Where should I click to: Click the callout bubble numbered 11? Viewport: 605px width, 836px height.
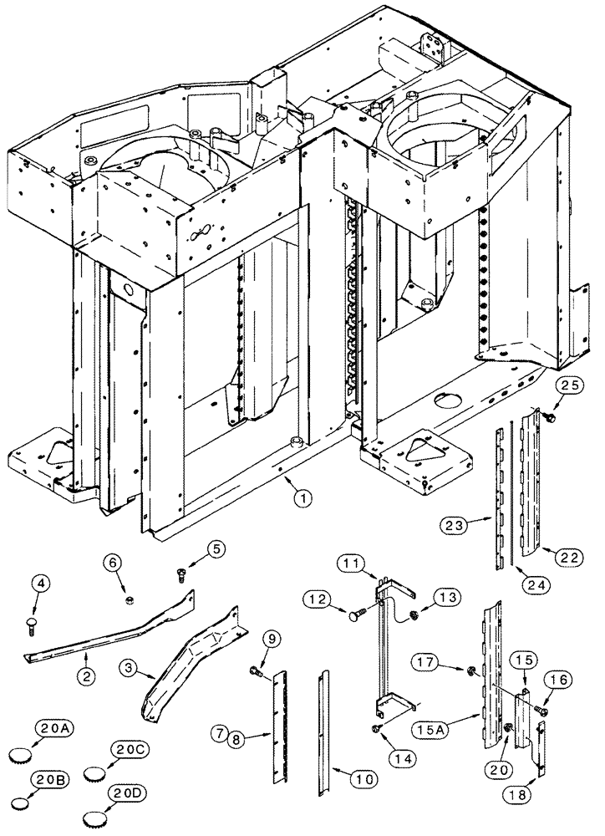click(348, 565)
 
